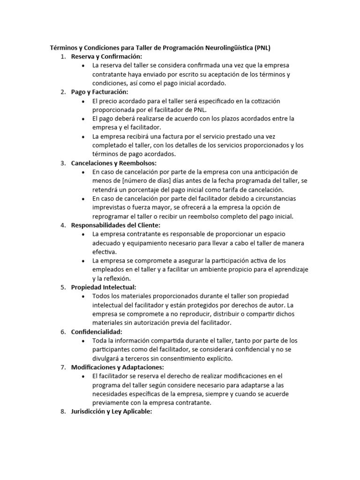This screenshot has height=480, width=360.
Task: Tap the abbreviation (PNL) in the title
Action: (263, 48)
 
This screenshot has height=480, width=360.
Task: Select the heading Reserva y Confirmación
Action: (106, 57)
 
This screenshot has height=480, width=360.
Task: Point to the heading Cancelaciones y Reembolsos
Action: (114, 163)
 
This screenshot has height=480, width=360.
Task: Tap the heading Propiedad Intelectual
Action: (104, 287)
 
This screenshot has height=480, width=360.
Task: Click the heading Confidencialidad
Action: (97, 331)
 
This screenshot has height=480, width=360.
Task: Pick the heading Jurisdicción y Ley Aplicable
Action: (112, 412)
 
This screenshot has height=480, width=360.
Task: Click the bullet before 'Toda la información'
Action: (83, 341)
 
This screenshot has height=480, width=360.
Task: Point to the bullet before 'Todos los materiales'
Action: (83, 296)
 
